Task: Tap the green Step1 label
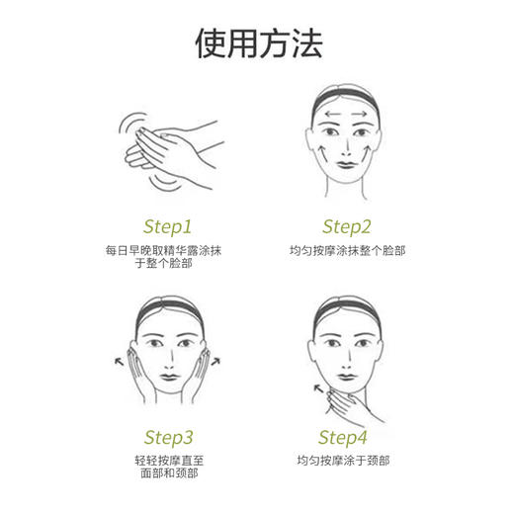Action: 167,225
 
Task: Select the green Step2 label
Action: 347,225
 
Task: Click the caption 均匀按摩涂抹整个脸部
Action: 347,251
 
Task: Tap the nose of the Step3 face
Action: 169,360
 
